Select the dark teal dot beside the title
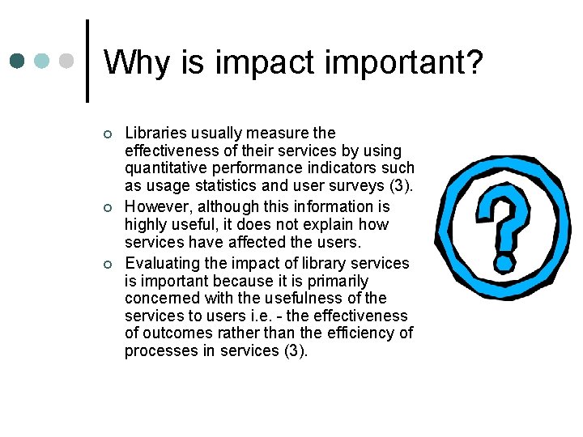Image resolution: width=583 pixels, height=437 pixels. (18, 61)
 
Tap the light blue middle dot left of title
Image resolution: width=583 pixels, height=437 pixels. (42, 61)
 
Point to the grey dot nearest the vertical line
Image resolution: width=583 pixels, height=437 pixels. (67, 61)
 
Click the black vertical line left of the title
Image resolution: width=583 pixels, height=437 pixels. (87, 61)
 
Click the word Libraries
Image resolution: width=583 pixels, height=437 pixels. (154, 133)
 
